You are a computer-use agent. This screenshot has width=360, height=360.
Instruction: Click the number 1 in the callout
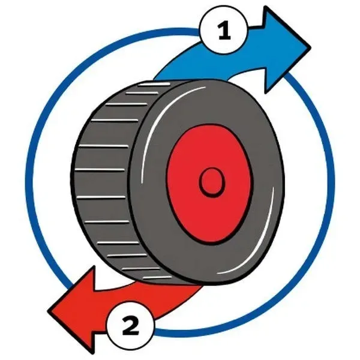(x=224, y=31)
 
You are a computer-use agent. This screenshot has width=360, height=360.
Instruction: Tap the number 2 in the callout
(x=130, y=326)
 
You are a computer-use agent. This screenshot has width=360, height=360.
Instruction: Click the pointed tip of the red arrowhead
(x=49, y=311)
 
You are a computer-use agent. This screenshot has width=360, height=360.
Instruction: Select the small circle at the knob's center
(x=212, y=182)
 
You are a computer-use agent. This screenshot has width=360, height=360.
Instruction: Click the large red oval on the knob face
(x=209, y=183)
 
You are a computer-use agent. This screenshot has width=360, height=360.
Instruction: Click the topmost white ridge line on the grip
(x=154, y=84)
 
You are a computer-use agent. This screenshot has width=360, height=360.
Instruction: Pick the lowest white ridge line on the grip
(x=157, y=278)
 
